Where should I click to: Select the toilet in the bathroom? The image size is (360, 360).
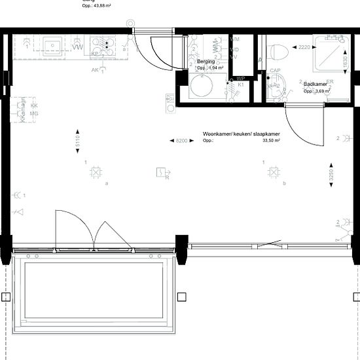click(278, 51)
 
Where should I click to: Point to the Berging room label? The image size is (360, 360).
click(206, 62)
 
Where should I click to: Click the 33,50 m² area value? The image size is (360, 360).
click(271, 140)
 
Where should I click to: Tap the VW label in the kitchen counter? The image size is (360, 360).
click(77, 47)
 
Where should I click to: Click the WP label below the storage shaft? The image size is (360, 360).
click(241, 79)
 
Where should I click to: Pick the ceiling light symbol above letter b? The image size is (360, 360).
click(274, 172)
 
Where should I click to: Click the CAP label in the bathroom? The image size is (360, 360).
click(276, 71)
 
